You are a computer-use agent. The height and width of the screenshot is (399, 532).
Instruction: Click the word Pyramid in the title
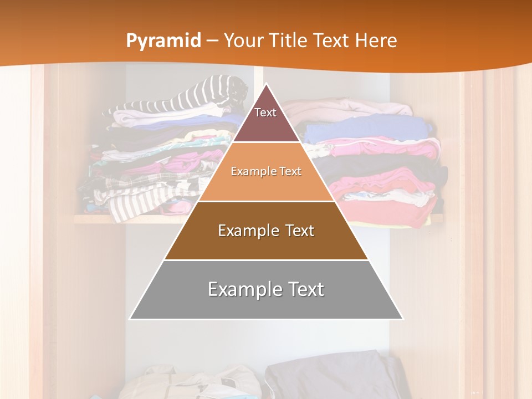163,41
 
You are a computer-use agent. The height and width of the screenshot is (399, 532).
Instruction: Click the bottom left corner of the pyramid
130,319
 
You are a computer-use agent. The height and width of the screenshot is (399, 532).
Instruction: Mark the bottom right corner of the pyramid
402,319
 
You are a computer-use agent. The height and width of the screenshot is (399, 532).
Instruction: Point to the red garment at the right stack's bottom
388,214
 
